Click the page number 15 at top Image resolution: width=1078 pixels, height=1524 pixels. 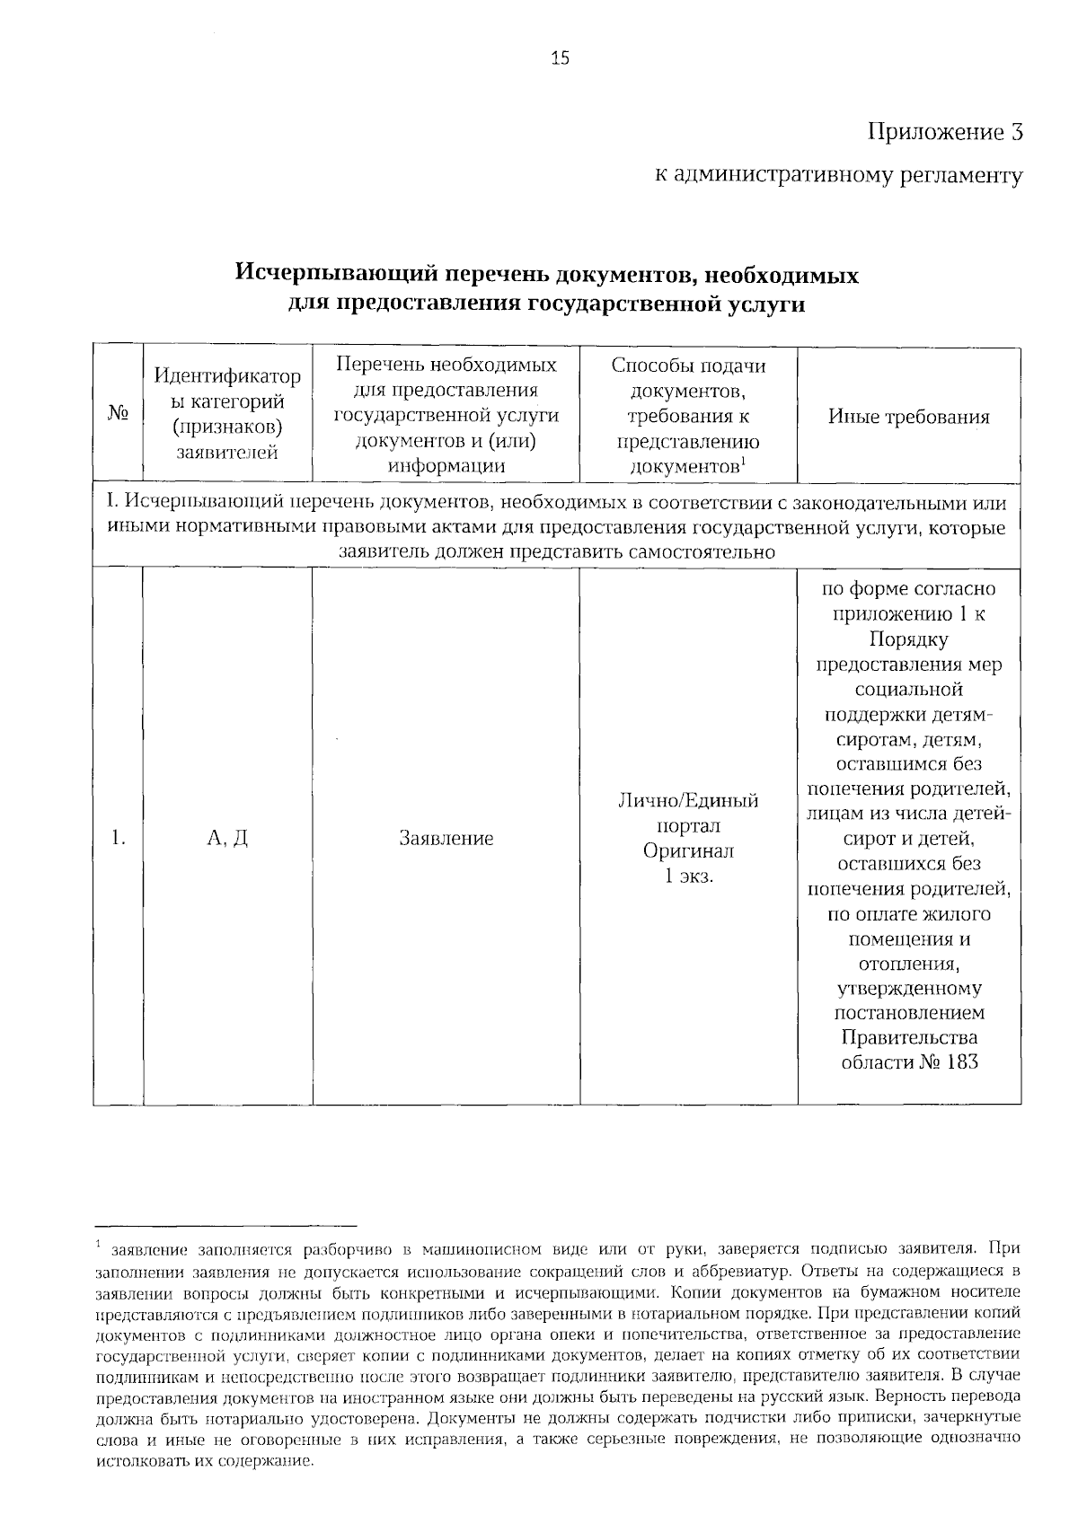(559, 59)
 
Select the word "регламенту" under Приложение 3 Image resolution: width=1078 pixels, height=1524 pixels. (960, 176)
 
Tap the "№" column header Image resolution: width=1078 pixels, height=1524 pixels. (118, 415)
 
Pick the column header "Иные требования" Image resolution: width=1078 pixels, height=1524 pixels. (908, 417)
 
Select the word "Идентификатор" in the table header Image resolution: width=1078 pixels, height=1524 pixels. (227, 376)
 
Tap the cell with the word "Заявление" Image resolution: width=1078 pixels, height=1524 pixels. (446, 838)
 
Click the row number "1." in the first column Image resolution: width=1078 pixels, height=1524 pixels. (118, 838)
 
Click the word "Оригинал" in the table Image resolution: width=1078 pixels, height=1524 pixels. (688, 850)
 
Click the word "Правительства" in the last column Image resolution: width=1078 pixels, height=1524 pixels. (908, 1038)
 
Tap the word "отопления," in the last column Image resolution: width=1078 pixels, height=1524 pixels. (908, 964)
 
